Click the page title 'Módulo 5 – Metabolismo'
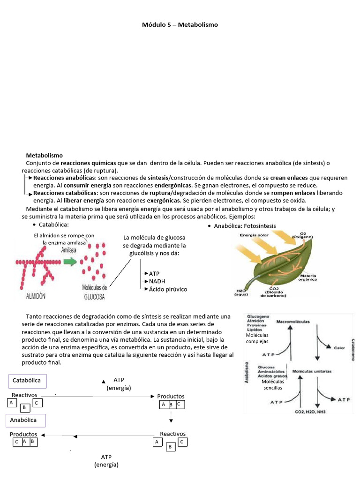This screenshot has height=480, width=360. tap(180, 24)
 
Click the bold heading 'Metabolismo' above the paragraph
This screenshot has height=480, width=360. tap(44, 155)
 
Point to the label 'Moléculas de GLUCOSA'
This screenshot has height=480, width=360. tap(94, 292)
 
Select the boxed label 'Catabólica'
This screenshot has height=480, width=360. tap(26, 380)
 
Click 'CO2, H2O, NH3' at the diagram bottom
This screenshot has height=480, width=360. tap(310, 412)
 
